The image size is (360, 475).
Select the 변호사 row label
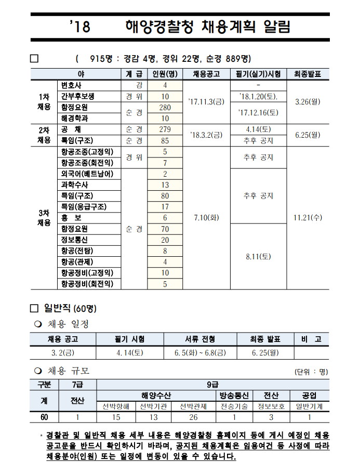[71, 85]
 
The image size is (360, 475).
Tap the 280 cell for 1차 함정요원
[165, 107]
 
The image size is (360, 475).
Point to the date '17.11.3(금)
[206, 101]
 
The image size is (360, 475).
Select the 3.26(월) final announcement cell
[308, 101]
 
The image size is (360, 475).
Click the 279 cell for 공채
[165, 129]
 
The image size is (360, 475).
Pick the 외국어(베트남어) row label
[87, 174]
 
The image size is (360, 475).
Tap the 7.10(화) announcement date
[206, 218]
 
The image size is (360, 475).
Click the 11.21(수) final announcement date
[308, 218]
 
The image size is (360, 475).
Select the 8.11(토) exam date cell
[258, 256]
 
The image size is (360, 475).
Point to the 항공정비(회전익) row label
[87, 284]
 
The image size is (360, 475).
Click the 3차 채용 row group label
[44, 218]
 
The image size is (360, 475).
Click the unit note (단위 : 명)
[311, 372]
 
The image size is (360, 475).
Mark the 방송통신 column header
[234, 395]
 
